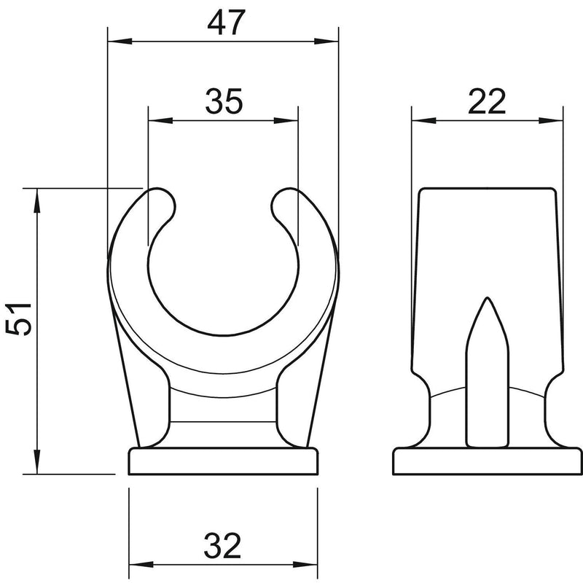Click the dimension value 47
226,23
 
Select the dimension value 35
224,101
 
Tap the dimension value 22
487,101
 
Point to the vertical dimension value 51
19,319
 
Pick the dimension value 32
223,545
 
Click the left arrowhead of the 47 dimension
120,41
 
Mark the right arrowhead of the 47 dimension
326,41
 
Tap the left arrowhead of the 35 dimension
160,120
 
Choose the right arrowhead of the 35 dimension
286,120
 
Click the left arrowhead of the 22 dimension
424,120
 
